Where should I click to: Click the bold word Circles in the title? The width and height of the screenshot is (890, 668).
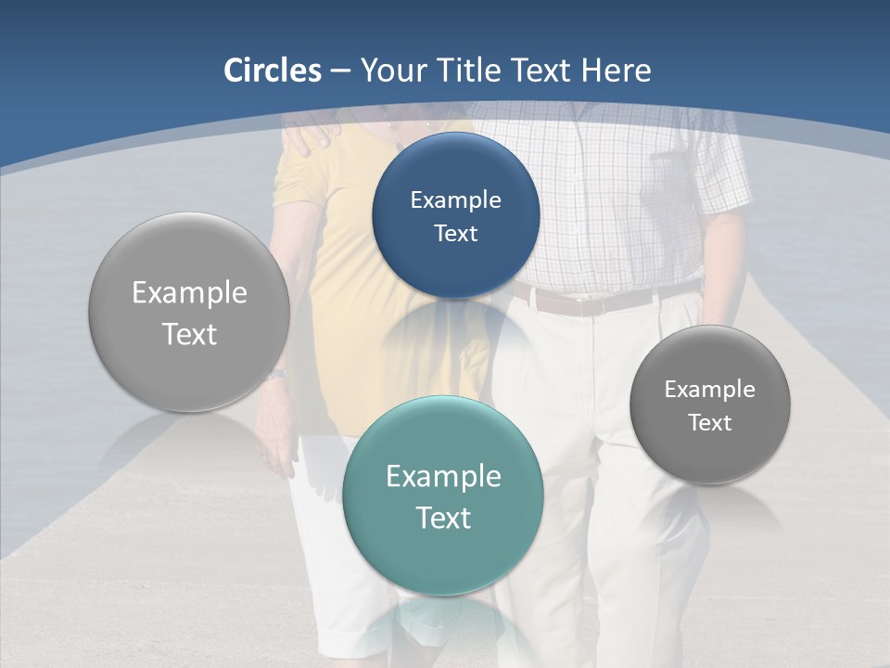pyautogui.click(x=273, y=71)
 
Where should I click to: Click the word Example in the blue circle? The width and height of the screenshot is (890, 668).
pyautogui.click(x=455, y=199)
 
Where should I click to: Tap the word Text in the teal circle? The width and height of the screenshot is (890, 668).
pyautogui.click(x=443, y=518)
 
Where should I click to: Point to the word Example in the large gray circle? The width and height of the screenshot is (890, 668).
pyautogui.click(x=189, y=292)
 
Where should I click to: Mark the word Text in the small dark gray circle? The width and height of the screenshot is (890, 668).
pyautogui.click(x=709, y=422)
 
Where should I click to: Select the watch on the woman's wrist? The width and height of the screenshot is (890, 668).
pyautogui.click(x=275, y=375)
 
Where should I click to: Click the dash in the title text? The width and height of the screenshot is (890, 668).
pyautogui.click(x=340, y=71)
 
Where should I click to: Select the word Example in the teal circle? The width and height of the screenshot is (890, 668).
pyautogui.click(x=443, y=476)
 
